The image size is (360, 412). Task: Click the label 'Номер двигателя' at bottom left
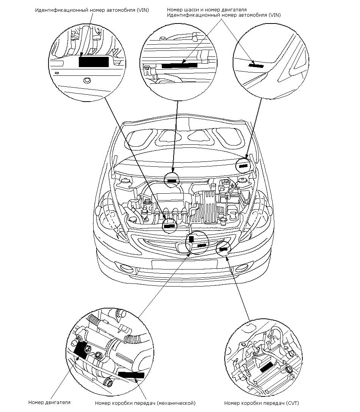tap(49, 402)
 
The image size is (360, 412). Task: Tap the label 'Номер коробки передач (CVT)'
tap(261, 403)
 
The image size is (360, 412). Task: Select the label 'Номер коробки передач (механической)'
tap(145, 403)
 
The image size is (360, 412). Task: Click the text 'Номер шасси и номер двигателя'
tap(207, 10)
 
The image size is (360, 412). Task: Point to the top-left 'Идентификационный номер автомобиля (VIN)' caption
tap(92, 10)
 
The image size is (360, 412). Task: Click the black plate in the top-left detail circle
tap(94, 62)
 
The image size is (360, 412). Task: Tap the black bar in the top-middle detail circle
tap(180, 66)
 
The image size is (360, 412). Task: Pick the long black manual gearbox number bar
tap(131, 375)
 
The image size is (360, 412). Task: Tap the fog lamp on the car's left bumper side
tap(127, 268)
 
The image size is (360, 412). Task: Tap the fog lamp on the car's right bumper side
tap(241, 268)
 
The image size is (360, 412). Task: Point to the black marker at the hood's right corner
tap(243, 166)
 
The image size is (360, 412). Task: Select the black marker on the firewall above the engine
tap(172, 181)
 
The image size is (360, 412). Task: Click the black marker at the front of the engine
tap(169, 226)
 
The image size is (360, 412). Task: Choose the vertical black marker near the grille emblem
tap(191, 239)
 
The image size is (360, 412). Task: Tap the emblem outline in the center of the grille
tap(182, 248)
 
